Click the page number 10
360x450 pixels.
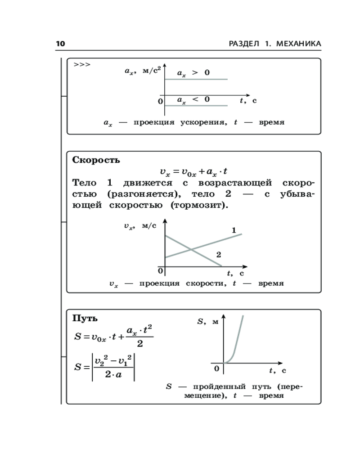pos(60,44)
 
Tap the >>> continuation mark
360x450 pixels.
pos(82,64)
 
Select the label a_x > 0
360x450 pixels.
pos(193,72)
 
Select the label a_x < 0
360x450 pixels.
pos(193,99)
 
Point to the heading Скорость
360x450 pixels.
pos(96,160)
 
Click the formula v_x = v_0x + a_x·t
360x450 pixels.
pos(193,171)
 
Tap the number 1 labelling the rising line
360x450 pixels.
pos(234,230)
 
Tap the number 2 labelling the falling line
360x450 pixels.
pos(219,255)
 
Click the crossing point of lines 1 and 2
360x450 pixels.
pos(191,250)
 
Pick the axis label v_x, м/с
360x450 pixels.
pos(140,226)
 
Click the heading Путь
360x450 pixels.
pos(85,318)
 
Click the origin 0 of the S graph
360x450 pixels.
pos(216,369)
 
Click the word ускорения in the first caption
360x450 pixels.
pos(203,122)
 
